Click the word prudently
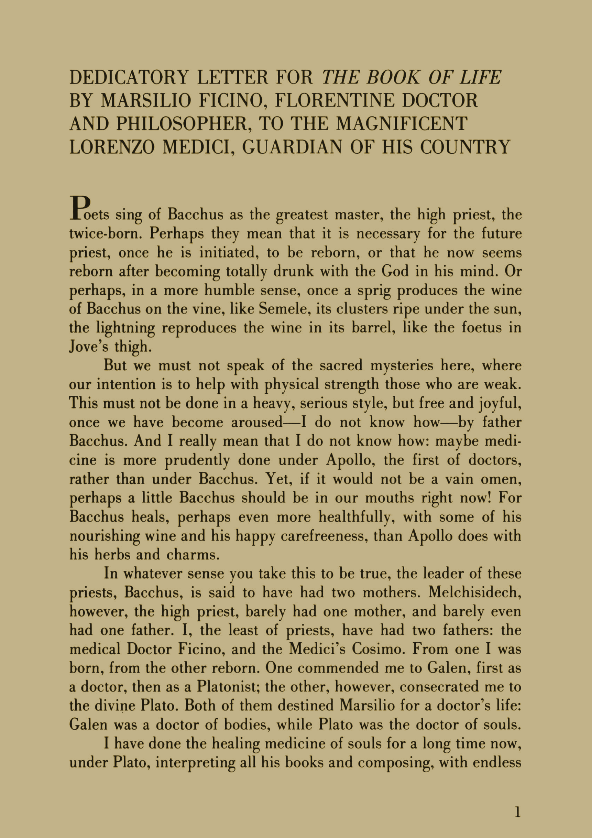pos(197,461)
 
